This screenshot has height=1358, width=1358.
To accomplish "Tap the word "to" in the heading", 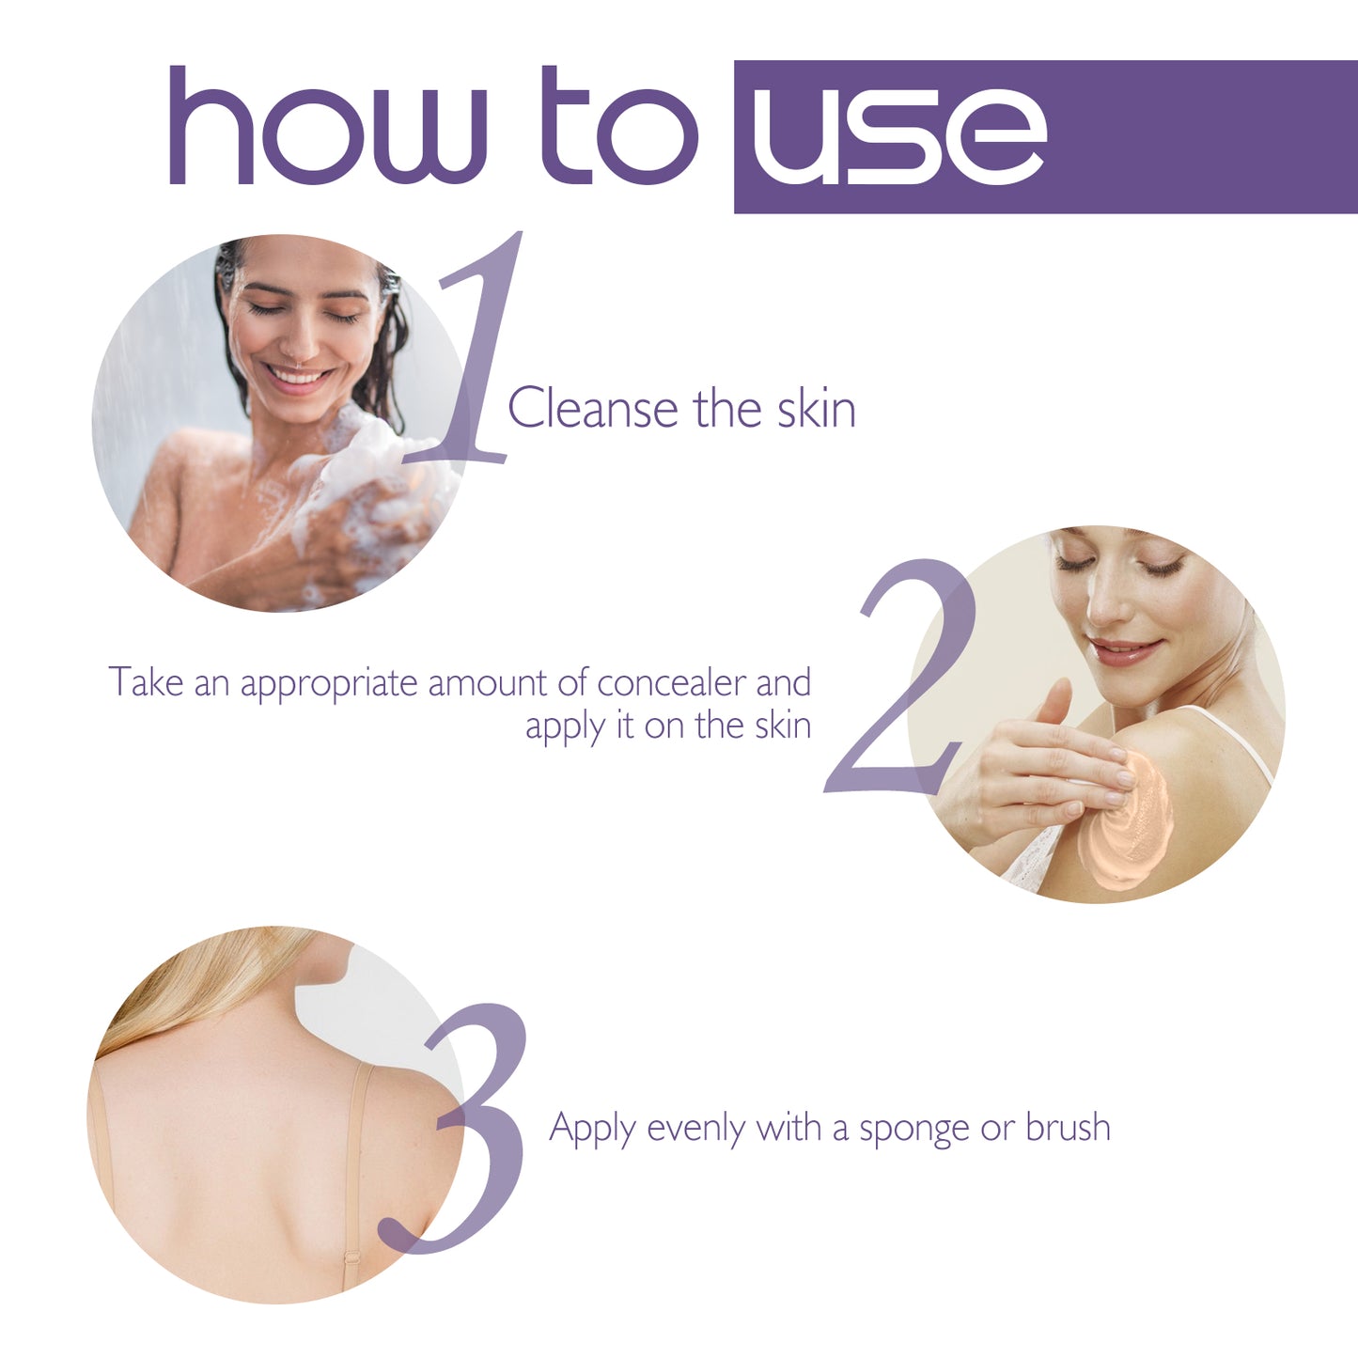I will (620, 127).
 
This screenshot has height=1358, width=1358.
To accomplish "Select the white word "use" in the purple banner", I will (898, 136).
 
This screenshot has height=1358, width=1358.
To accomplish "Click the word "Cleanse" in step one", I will (592, 409).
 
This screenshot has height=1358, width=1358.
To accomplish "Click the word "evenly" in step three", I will (696, 1128).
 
